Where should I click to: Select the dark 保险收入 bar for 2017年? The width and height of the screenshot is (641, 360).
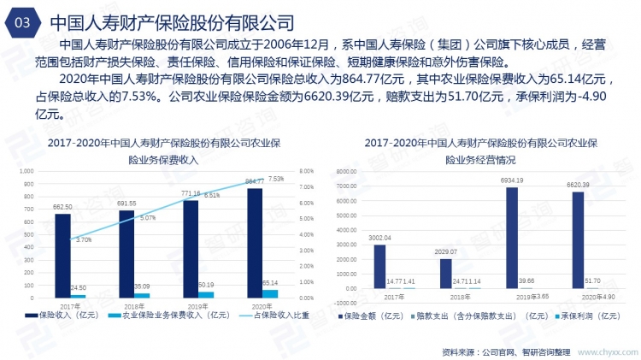pyautogui.click(x=62, y=256)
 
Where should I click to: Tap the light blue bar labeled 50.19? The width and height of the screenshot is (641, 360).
pyautogui.click(x=207, y=294)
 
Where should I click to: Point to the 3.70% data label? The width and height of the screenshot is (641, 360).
pyautogui.click(x=83, y=240)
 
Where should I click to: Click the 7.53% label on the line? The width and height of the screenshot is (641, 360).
pyautogui.click(x=276, y=180)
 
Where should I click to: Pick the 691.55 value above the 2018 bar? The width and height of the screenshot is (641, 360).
pyautogui.click(x=126, y=203)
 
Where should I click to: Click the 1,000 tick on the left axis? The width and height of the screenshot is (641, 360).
pyautogui.click(x=25, y=171)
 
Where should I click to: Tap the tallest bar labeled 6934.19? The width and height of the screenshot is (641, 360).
pyautogui.click(x=511, y=237)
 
